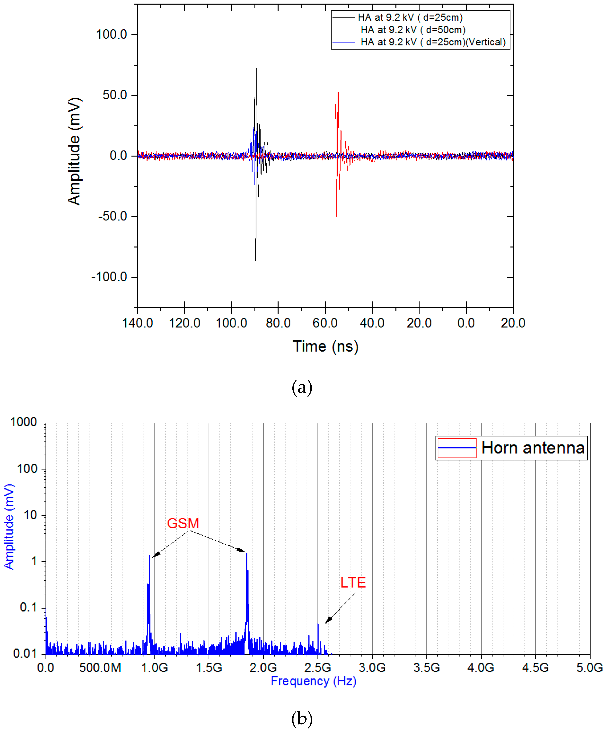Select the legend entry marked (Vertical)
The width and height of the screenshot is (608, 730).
[x=433, y=42]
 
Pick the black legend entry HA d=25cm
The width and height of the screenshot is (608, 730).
[x=410, y=17]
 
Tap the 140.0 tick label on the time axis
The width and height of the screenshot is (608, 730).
[x=138, y=323]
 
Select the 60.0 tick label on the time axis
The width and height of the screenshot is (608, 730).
[x=325, y=323]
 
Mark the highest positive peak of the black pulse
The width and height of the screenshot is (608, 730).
[x=256, y=69]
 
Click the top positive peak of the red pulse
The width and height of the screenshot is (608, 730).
[x=338, y=92]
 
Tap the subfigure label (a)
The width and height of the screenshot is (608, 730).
[x=302, y=387]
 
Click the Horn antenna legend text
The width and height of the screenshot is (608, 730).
[x=533, y=448]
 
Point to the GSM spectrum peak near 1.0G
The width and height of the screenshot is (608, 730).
[x=149, y=556]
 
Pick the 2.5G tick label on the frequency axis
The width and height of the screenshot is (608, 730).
[x=318, y=668]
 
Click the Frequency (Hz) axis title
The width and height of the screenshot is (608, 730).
[x=313, y=681]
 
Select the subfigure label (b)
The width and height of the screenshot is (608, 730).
[x=302, y=718]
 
